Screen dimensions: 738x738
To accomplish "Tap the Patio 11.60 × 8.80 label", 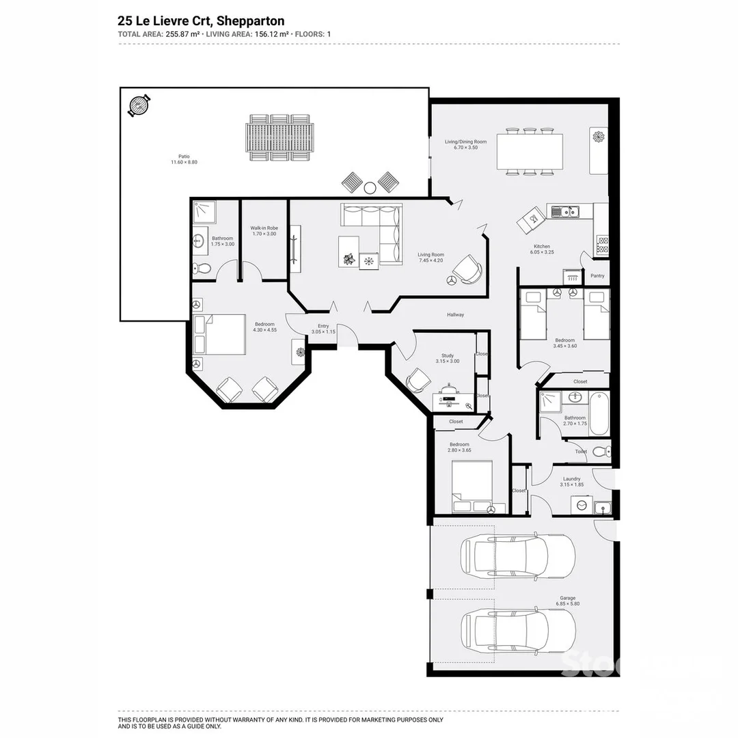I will pos(180,159).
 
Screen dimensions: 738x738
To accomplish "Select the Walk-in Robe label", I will pos(264,231).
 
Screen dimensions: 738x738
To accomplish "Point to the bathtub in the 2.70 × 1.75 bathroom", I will pos(598,413).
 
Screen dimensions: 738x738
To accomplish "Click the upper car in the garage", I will pos(517,555).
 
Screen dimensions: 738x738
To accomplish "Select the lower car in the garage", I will pos(517,630).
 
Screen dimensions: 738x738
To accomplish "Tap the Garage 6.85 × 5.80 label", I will pos(567,601).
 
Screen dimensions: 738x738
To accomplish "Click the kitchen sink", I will pos(565,213).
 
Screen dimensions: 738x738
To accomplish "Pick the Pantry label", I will pos(597,276).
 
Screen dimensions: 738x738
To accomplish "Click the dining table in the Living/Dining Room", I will pos(530,152).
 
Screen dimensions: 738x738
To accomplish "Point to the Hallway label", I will pos(455,315).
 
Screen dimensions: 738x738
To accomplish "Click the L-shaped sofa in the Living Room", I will pos(372,232).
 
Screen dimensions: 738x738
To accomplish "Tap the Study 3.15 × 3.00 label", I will pos(448,358).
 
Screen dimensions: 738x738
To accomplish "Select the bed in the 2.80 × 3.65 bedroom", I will pos(471,487).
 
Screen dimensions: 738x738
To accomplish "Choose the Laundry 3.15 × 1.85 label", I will pos(571,482).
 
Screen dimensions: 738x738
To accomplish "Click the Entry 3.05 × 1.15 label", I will pos(323,329).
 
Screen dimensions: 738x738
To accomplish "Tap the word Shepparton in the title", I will pos(250,21).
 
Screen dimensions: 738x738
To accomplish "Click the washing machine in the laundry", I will pos(582,505).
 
